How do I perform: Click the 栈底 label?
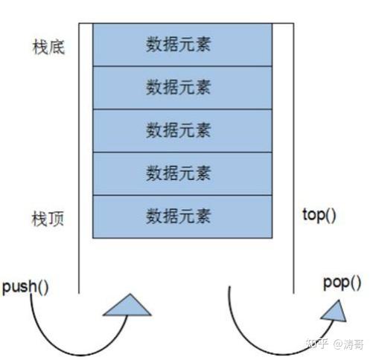[x=48, y=47]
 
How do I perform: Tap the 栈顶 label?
[x=48, y=219]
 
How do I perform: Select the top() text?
[x=319, y=215]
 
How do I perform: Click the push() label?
[x=25, y=287]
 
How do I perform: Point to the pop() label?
[x=342, y=283]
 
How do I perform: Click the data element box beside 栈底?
[x=182, y=45]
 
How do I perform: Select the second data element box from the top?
[x=182, y=88]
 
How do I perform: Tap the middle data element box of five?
[x=182, y=131]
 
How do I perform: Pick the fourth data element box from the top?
[x=182, y=174]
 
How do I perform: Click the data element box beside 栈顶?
[x=182, y=217]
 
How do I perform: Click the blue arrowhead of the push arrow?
[x=127, y=306]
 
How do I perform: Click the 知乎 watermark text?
[x=317, y=344]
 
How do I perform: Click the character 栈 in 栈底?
[x=40, y=47]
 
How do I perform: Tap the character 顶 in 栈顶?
[x=57, y=219]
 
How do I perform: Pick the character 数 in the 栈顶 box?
[x=154, y=216]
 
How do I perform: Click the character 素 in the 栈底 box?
[x=203, y=45]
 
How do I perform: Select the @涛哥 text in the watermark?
[x=348, y=344]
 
